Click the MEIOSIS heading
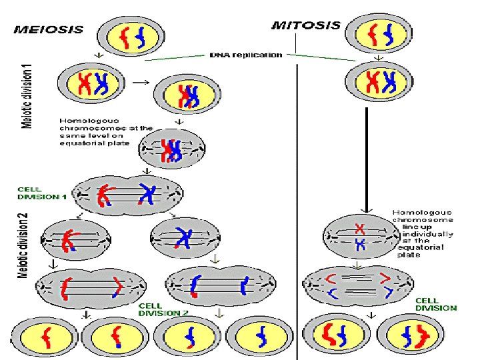(49, 29)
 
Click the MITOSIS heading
(306, 26)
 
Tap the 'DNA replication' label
(246, 55)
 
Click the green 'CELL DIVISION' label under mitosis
(436, 305)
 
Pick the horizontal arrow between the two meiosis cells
(140, 84)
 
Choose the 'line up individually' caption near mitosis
(424, 233)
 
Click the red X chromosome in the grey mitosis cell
(359, 228)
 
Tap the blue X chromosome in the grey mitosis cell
(359, 245)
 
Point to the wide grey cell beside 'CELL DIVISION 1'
(127, 195)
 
